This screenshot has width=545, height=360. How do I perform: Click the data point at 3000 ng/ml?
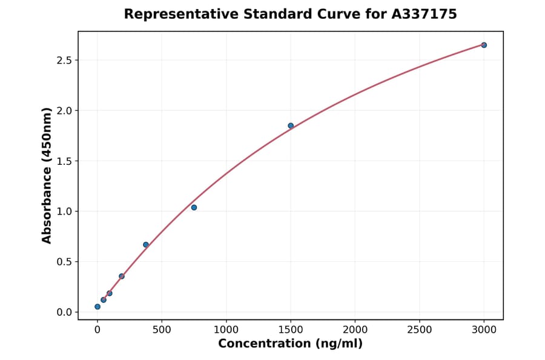click(x=484, y=45)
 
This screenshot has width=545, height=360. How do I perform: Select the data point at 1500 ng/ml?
click(x=291, y=125)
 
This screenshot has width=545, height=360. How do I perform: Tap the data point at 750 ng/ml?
click(x=194, y=207)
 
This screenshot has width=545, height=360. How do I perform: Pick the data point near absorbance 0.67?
click(x=146, y=245)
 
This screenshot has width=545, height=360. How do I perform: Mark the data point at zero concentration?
click(x=97, y=307)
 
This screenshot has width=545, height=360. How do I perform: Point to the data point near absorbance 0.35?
click(x=122, y=276)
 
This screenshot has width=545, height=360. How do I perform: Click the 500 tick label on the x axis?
click(x=162, y=330)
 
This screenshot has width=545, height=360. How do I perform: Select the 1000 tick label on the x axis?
click(x=226, y=330)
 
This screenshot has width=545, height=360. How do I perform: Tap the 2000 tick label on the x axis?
click(x=355, y=330)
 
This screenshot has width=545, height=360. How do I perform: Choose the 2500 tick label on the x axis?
click(x=419, y=330)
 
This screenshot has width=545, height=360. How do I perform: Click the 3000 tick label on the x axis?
click(x=484, y=330)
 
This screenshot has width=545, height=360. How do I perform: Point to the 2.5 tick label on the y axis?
click(x=64, y=61)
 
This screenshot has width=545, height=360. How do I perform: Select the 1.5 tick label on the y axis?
click(x=64, y=161)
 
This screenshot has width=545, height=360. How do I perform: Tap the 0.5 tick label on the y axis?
click(x=64, y=262)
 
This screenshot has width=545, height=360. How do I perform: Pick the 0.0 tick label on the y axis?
click(x=64, y=312)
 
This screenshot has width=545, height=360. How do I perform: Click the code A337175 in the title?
click(x=425, y=14)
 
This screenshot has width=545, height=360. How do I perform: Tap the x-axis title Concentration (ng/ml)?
click(x=290, y=344)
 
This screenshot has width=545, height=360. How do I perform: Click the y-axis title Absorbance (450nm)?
click(x=47, y=175)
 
